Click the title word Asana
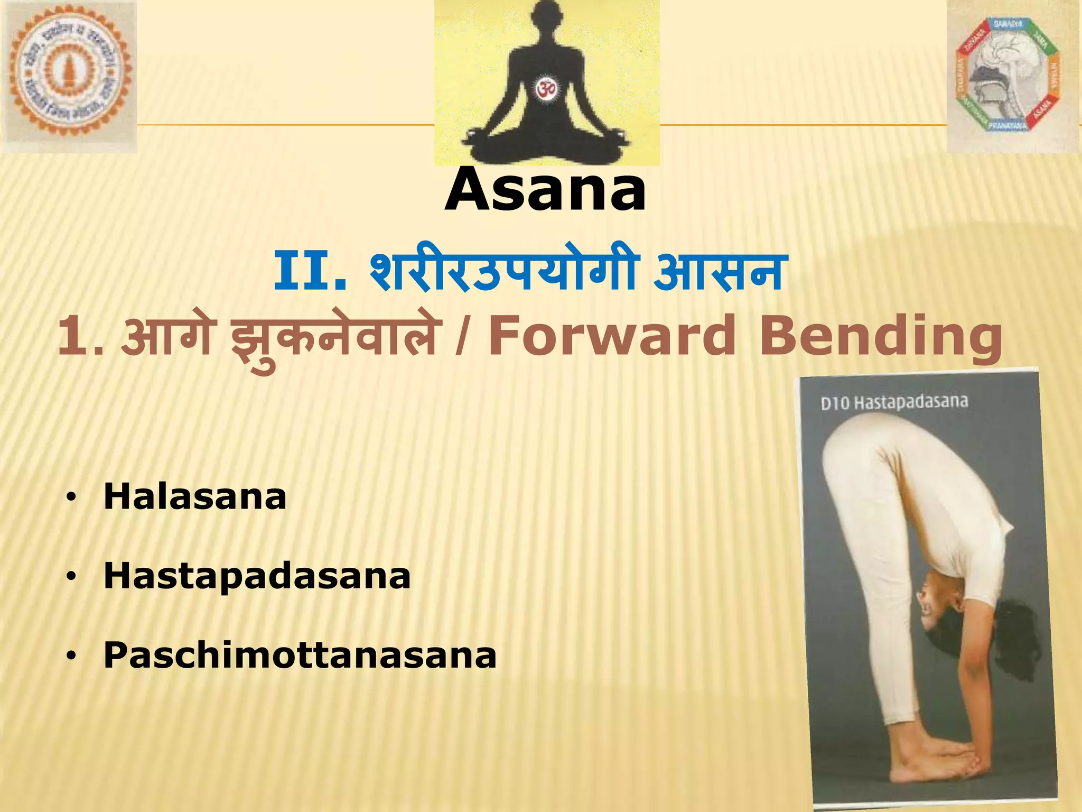point(546,189)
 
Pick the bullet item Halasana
point(194,497)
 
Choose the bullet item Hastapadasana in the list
point(257,576)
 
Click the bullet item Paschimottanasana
point(300,655)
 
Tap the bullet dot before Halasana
point(72,498)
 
